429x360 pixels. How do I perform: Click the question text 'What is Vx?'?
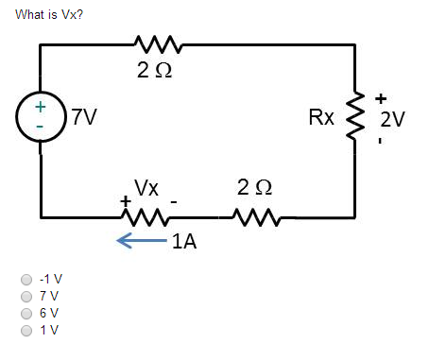point(43,15)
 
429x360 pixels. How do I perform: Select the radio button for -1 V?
point(27,280)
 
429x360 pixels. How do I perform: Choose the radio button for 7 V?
point(27,296)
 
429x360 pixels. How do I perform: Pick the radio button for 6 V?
point(27,313)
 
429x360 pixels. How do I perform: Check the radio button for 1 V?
point(27,330)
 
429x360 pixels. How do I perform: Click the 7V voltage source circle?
point(40,118)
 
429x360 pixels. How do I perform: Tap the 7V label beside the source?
point(82,119)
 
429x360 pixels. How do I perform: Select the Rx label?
point(321,119)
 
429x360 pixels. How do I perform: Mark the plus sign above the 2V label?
point(382,97)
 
